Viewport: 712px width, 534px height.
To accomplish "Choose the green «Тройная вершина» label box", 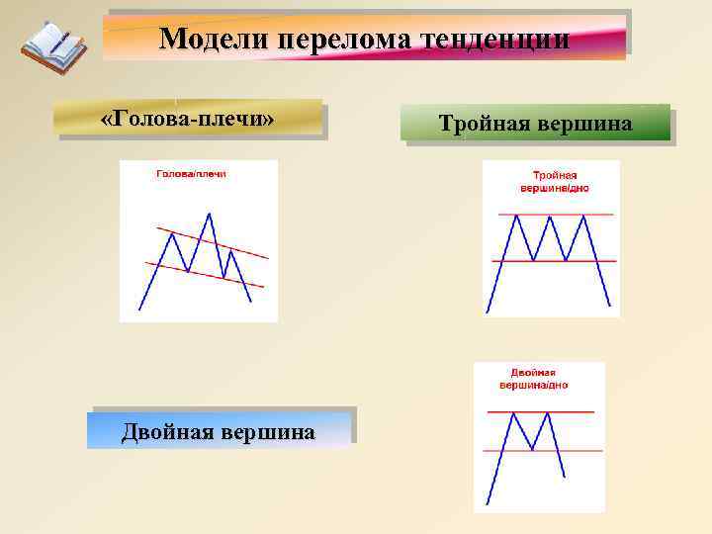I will pyautogui.click(x=535, y=124).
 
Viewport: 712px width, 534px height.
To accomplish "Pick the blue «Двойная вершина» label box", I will pyautogui.click(x=219, y=432).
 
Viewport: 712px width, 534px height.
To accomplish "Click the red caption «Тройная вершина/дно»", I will pyautogui.click(x=555, y=181).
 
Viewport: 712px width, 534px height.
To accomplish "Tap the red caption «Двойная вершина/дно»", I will pyautogui.click(x=534, y=378).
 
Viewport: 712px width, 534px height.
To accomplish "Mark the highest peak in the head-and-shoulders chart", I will pyautogui.click(x=209, y=213).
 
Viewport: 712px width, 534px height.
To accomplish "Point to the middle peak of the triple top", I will pyautogui.click(x=550, y=216).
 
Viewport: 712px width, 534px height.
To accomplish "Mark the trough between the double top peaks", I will pyautogui.click(x=532, y=450).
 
